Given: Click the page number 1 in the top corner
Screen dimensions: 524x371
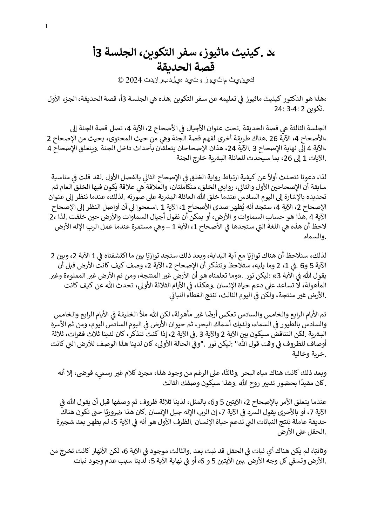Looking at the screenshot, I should tap(46, 27).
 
